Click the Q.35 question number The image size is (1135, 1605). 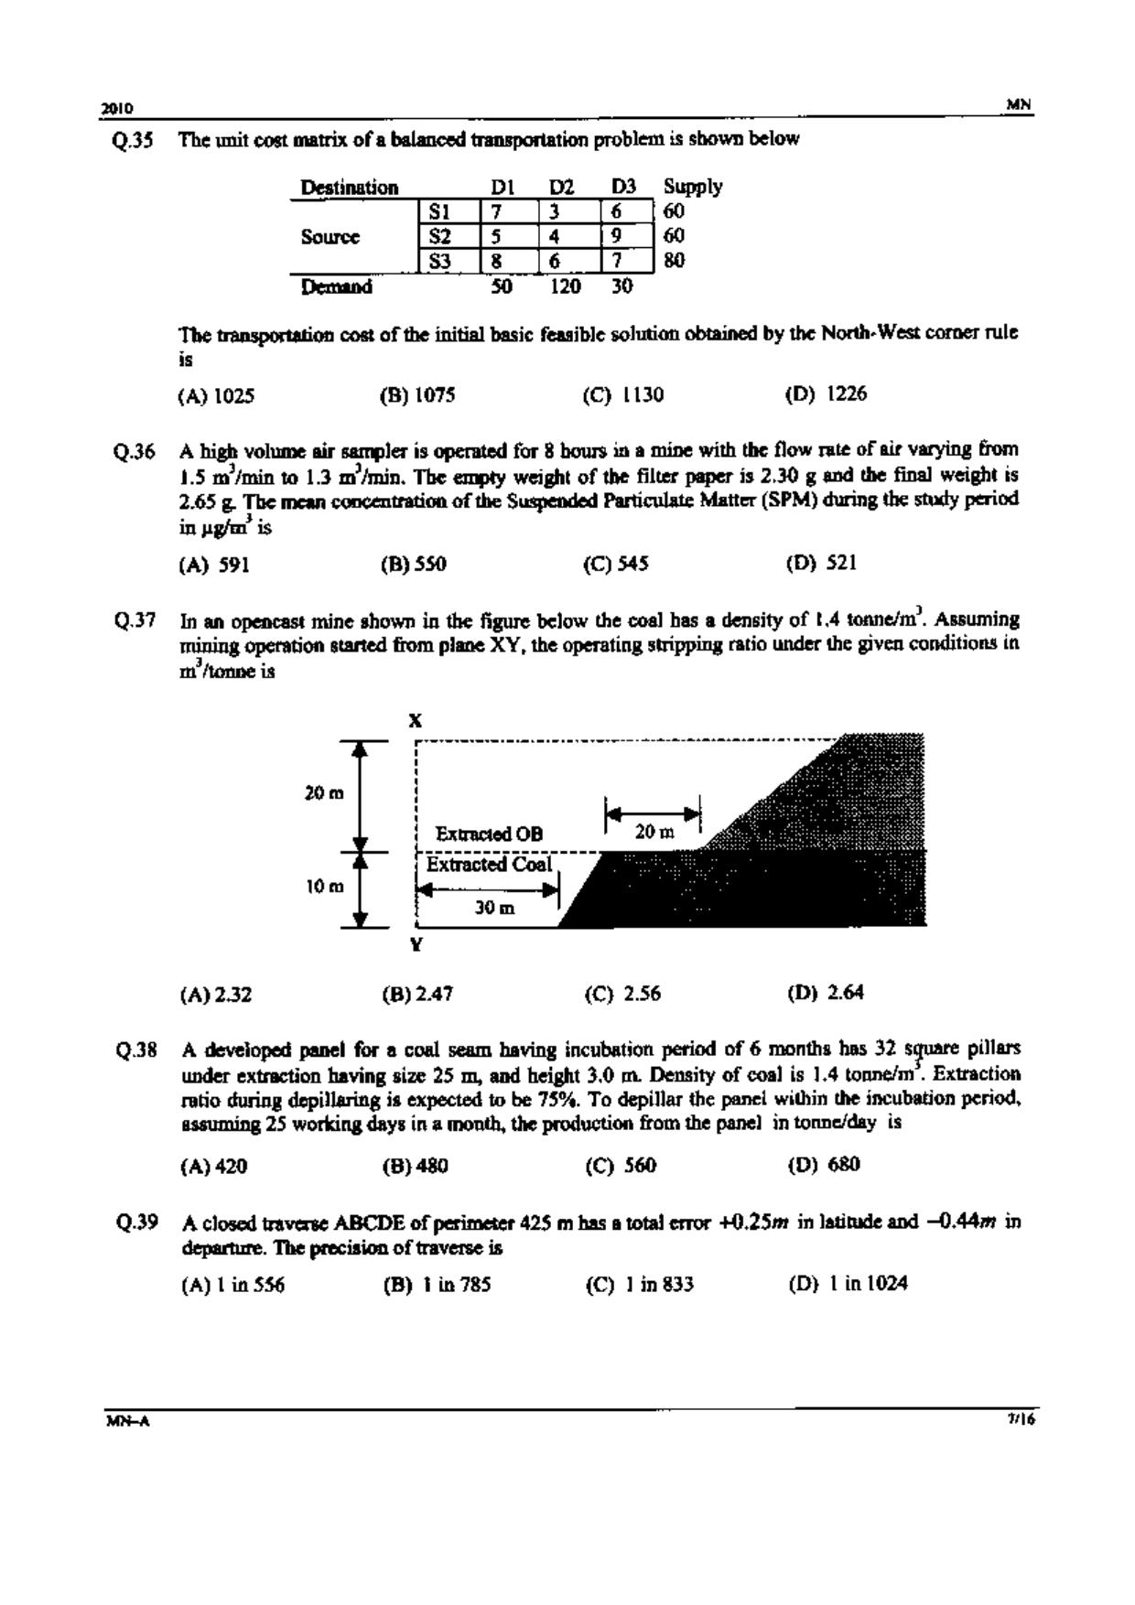(133, 141)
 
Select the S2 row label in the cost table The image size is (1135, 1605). (440, 236)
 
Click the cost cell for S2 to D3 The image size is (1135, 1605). (617, 236)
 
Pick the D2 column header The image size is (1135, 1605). (561, 188)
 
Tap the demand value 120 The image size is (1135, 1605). (565, 286)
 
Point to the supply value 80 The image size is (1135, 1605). (675, 261)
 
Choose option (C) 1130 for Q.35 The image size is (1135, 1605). (623, 395)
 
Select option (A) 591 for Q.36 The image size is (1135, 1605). (214, 565)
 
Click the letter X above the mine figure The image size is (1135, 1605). (416, 721)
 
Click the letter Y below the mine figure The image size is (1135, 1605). (416, 944)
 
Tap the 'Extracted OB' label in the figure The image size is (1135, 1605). (489, 834)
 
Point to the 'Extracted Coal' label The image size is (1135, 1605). (489, 865)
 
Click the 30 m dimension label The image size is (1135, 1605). (494, 908)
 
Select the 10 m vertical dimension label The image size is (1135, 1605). (324, 887)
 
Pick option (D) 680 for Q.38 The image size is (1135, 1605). (824, 1165)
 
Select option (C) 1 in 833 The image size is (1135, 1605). (640, 1285)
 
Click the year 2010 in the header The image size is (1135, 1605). (117, 108)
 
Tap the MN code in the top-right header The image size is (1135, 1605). (1019, 105)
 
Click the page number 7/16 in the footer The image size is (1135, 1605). (1020, 1420)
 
